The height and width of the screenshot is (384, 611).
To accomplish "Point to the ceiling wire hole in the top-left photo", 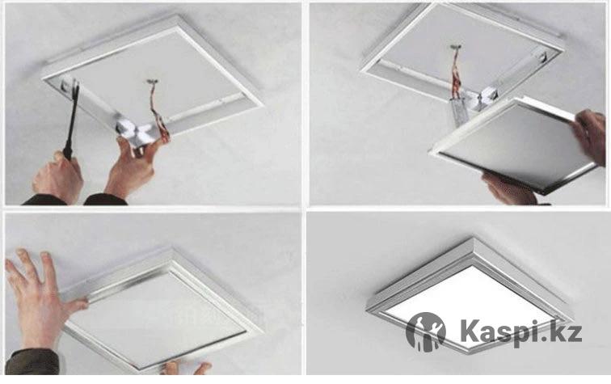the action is pyautogui.click(x=151, y=82).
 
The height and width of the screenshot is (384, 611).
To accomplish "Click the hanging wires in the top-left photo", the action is pyautogui.click(x=159, y=113).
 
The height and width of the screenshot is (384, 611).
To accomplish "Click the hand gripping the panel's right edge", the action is pyautogui.click(x=588, y=134).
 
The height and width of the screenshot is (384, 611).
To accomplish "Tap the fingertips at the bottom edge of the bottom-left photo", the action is pyautogui.click(x=186, y=368).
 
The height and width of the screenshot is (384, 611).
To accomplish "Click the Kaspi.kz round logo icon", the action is pyautogui.click(x=425, y=331).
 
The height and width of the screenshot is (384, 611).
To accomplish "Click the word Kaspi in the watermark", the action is pyautogui.click(x=504, y=332).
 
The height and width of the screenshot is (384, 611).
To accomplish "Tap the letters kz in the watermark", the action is pyautogui.click(x=568, y=331).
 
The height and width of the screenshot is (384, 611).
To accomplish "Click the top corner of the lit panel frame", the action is pyautogui.click(x=474, y=238).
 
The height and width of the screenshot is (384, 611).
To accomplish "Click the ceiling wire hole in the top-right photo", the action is pyautogui.click(x=456, y=48).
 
